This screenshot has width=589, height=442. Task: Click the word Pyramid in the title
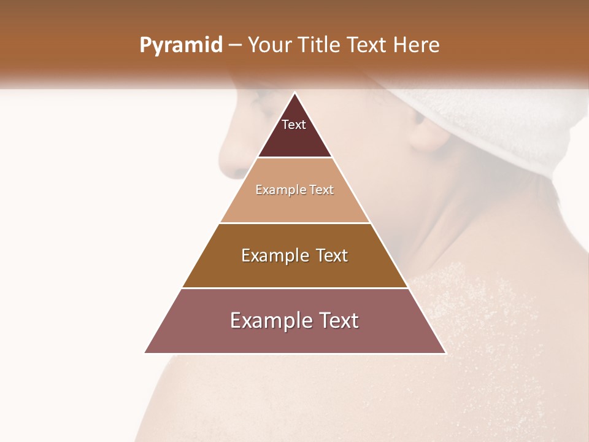180,45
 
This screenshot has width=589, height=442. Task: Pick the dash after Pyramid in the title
235,46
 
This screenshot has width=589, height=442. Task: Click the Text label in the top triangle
294,125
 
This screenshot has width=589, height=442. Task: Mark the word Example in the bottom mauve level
271,320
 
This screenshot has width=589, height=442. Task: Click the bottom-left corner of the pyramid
145,352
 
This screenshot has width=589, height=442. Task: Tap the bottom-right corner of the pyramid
445,352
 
